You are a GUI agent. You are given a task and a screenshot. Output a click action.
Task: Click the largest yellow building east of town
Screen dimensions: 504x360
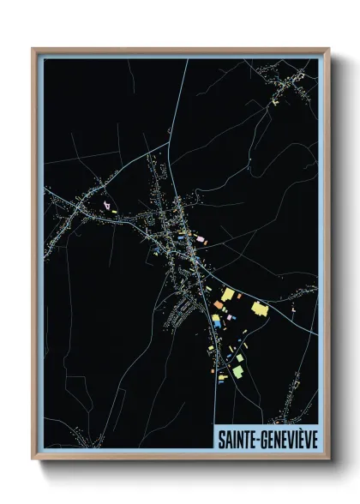click(259, 309)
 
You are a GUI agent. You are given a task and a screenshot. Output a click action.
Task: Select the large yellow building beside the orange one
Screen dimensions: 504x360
click(227, 295)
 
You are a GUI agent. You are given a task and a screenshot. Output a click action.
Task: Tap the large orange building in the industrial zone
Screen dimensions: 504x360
click(219, 305)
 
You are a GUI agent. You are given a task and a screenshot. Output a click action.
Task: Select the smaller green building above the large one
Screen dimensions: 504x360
click(241, 357)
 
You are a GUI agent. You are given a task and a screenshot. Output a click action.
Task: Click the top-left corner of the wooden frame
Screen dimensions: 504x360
click(33, 49)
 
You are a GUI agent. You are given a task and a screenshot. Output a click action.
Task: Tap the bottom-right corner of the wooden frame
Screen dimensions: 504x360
click(328, 461)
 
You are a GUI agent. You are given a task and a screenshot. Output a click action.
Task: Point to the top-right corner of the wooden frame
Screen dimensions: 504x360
click(328, 49)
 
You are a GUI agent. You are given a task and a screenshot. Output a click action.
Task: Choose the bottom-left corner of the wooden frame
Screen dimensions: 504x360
click(33, 461)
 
